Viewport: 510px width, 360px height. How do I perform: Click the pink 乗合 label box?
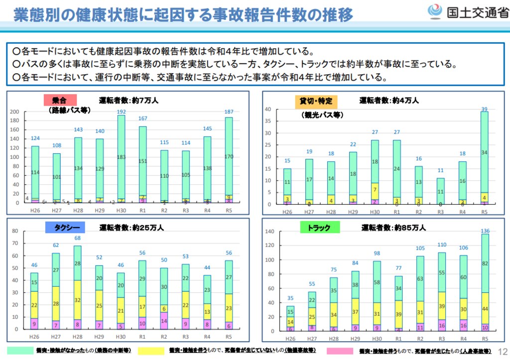[59, 100]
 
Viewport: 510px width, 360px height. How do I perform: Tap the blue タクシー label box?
[65, 228]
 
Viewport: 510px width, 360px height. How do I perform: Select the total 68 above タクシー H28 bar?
[77, 238]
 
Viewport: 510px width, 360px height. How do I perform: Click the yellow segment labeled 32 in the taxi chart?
[77, 300]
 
